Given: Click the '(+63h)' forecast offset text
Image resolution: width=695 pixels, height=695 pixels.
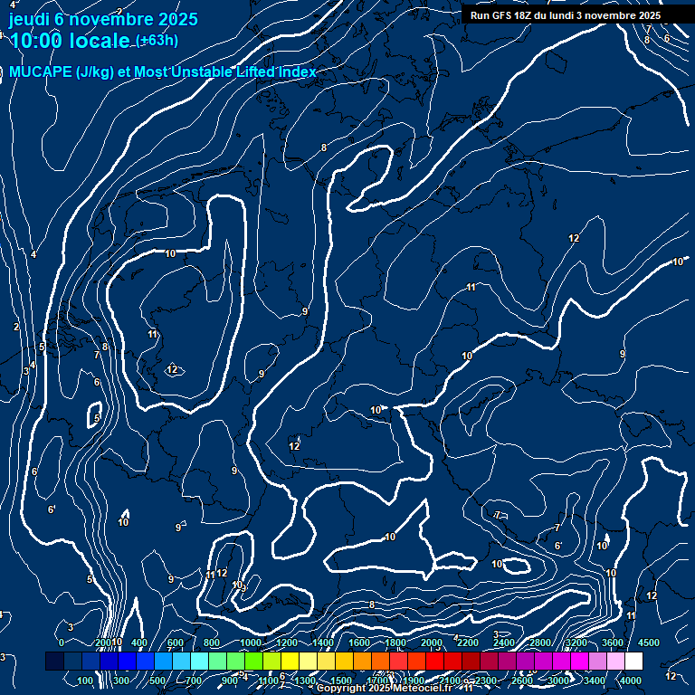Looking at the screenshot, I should click(x=157, y=41).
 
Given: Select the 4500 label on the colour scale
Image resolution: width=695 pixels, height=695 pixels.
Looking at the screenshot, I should click(x=649, y=643).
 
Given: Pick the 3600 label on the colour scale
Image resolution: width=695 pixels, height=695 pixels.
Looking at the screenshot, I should click(x=612, y=643).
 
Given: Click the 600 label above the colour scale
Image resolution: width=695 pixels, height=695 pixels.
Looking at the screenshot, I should click(x=175, y=643).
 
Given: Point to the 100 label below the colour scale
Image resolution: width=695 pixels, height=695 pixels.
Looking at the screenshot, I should click(x=86, y=681).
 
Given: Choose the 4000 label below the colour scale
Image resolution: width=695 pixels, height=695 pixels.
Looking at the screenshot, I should click(x=631, y=681).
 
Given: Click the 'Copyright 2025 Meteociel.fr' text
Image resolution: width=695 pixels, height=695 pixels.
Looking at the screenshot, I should click(x=389, y=689).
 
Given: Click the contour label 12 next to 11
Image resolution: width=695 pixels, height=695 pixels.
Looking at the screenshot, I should click(x=221, y=573).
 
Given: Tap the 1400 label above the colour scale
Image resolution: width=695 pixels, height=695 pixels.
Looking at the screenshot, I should click(x=321, y=643).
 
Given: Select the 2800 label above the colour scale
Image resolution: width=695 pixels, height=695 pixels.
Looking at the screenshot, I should click(x=539, y=643).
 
